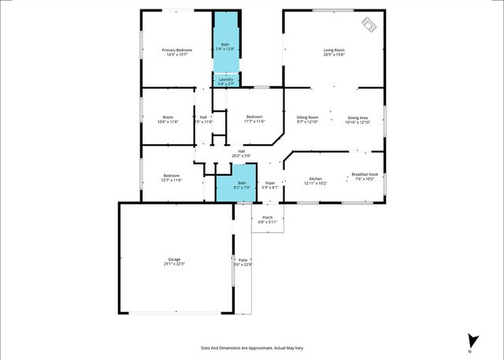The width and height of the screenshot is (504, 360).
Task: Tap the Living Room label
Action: [x=334, y=50]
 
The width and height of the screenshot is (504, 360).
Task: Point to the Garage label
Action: [x=174, y=259]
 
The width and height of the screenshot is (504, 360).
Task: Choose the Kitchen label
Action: [x=315, y=179]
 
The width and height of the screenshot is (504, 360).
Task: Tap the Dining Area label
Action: [x=358, y=117]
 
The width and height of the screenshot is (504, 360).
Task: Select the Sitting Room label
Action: [x=307, y=117]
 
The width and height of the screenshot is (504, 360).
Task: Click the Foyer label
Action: [x=269, y=183]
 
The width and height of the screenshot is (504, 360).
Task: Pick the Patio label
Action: [x=243, y=259]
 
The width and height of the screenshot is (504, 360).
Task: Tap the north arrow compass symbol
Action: [x=472, y=340]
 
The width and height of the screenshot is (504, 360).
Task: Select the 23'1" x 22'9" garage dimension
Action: [x=174, y=264]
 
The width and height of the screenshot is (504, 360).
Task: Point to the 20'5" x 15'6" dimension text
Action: [x=334, y=55]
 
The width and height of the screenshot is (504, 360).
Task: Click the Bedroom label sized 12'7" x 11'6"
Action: [x=172, y=175]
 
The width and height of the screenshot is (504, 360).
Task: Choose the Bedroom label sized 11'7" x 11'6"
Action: [x=254, y=117]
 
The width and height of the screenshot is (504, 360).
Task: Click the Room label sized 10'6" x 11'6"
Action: [x=169, y=117]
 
